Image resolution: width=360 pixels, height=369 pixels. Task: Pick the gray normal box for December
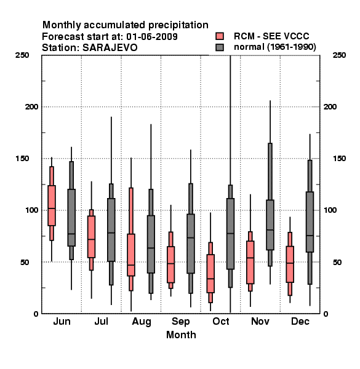click(x=310, y=222)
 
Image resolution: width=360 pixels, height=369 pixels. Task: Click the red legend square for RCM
click(x=220, y=36)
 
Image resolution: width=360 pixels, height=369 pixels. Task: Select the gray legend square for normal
click(x=220, y=47)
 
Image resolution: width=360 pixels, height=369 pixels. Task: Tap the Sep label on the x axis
click(x=180, y=322)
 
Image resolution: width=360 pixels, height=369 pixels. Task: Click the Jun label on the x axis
click(x=62, y=321)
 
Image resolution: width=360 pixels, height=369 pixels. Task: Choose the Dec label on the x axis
click(x=300, y=321)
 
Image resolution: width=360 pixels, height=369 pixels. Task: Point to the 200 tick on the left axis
click(x=31, y=106)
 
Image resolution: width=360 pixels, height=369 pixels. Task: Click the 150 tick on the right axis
click(x=339, y=159)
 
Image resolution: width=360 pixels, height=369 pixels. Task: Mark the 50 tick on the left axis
click(x=25, y=262)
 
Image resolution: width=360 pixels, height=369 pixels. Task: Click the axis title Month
click(x=181, y=335)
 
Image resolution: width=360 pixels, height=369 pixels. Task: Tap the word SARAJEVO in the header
click(x=110, y=48)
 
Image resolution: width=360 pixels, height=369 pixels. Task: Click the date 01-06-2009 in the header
click(x=152, y=36)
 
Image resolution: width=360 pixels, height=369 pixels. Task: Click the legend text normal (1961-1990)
click(x=275, y=47)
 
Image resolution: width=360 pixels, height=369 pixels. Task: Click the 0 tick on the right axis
click(x=326, y=314)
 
